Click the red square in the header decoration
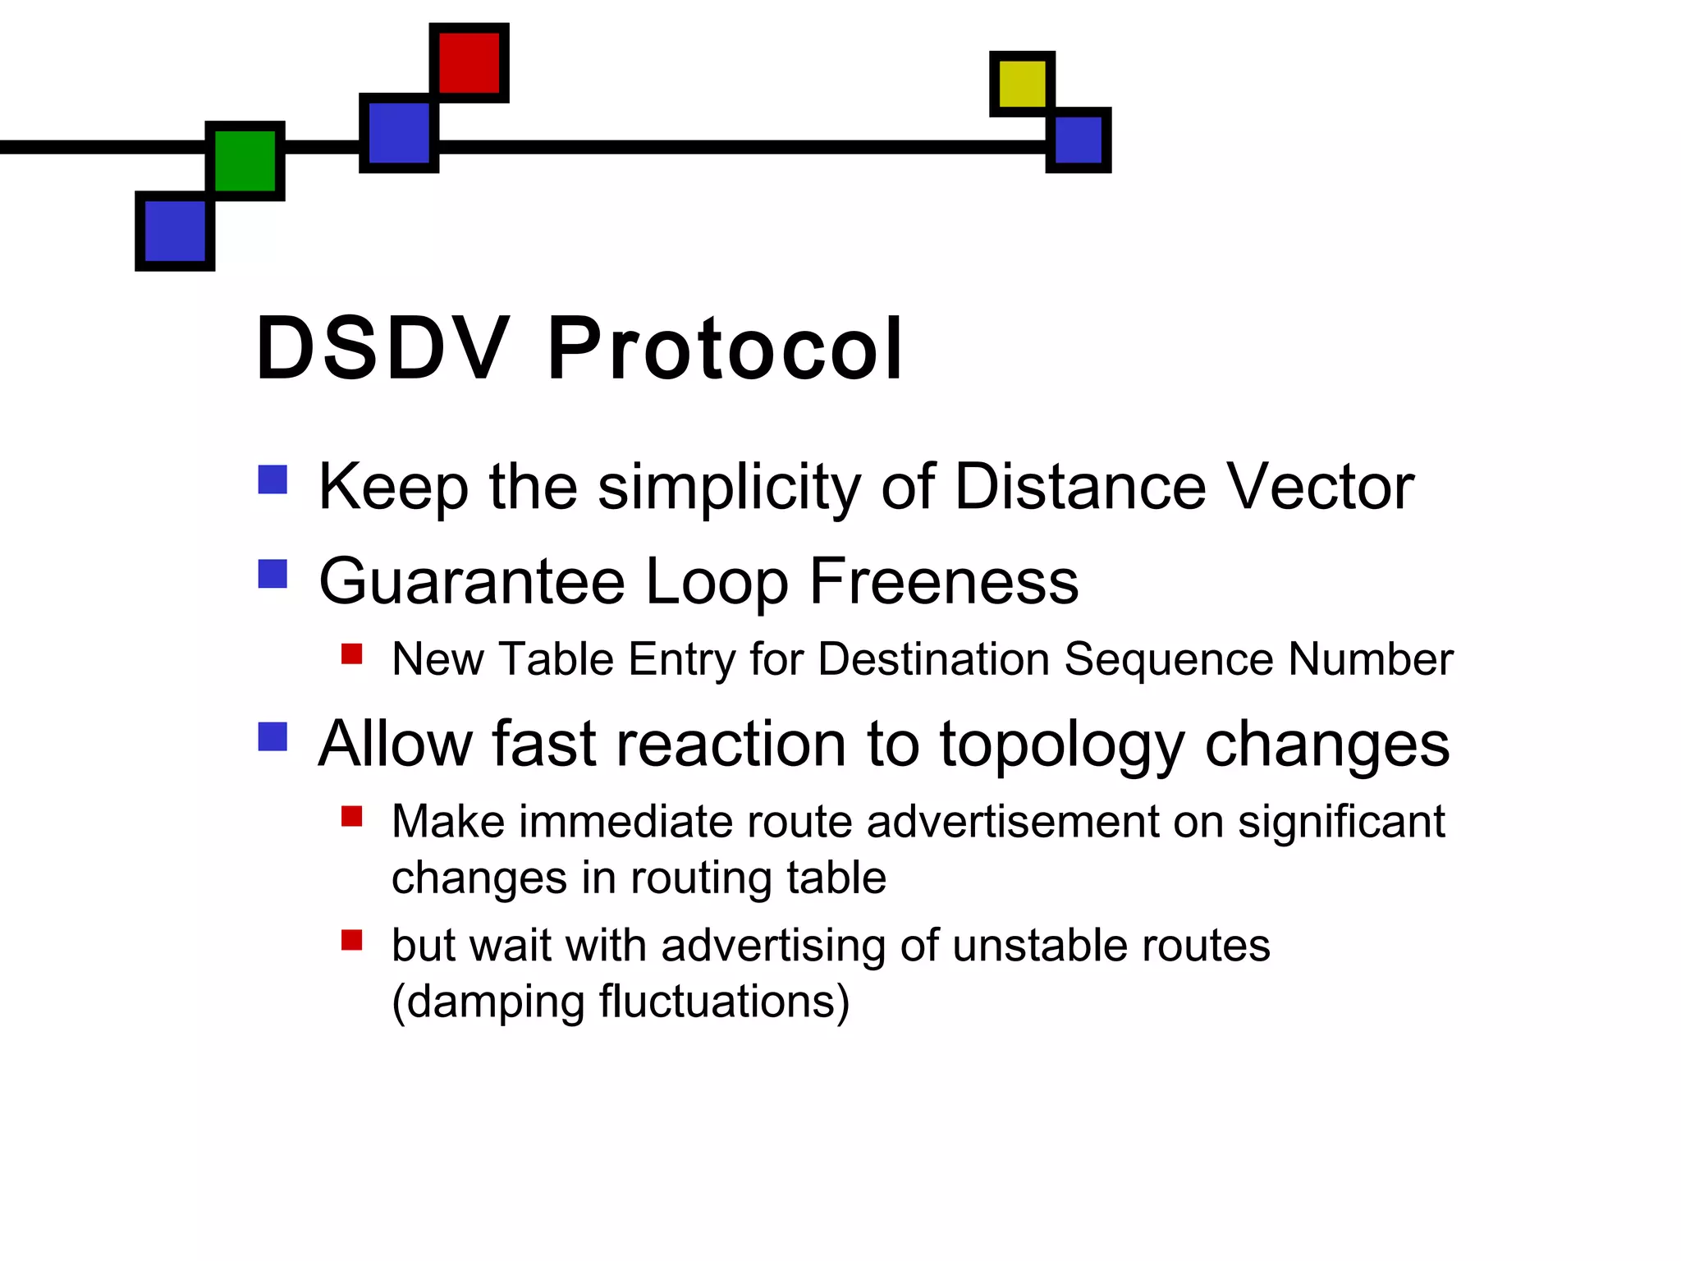coord(469,63)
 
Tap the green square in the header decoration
coord(245,161)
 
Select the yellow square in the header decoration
coord(1022,84)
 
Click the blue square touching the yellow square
coord(1078,140)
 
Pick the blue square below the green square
coord(175,231)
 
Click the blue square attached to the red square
coord(399,133)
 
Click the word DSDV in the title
coord(382,349)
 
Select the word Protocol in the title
coord(726,349)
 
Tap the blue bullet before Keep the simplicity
coord(273,479)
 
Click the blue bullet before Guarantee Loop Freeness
coord(273,574)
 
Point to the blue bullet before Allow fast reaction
coord(273,736)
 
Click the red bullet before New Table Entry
coord(352,653)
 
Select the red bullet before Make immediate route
coord(352,816)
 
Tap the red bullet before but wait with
coord(352,939)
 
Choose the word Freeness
coord(944,581)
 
